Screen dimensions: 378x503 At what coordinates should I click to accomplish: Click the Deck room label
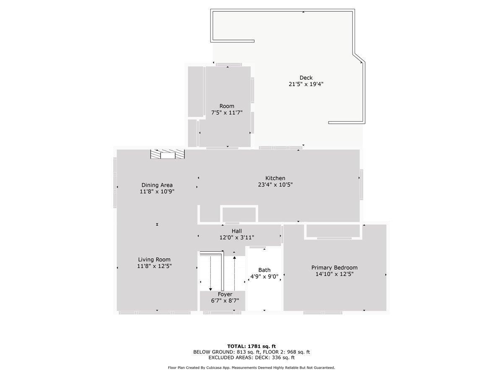coord(306,78)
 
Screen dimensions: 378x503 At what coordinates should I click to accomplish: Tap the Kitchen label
coord(275,178)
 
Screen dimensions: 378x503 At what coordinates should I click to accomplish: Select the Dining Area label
coord(157,185)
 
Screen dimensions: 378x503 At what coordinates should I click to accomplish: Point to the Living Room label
coord(154,260)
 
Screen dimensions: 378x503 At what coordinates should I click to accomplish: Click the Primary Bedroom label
coord(334,268)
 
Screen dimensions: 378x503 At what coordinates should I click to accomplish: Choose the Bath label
coord(264,270)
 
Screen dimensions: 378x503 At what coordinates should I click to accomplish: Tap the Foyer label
coord(225,294)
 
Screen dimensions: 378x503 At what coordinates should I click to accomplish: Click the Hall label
coord(236,231)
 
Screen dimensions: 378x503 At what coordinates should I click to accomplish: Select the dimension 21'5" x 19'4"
coord(306,84)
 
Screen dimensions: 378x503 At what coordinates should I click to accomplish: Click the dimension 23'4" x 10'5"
coord(275,184)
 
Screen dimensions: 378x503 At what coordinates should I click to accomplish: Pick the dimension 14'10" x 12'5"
coord(334,274)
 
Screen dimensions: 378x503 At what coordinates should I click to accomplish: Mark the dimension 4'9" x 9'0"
coord(264,276)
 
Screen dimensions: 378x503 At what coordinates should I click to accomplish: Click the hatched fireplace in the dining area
coord(168,154)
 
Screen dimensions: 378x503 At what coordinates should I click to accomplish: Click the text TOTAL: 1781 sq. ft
coord(251,346)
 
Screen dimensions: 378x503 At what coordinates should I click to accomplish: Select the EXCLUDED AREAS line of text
coord(251,358)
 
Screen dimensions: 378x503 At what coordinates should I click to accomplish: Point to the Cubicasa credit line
coord(251,367)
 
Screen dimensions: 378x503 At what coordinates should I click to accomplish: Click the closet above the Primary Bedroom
coord(333,231)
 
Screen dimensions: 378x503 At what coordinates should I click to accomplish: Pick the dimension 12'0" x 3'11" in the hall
coord(236,237)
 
